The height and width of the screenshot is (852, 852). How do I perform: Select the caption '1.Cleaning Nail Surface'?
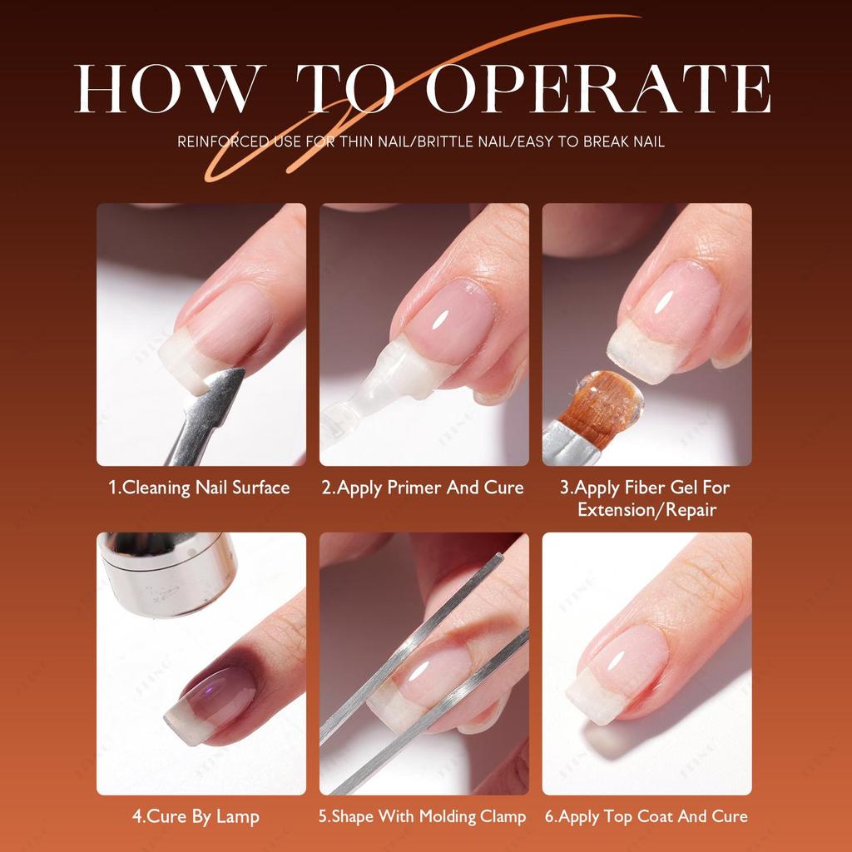(200, 488)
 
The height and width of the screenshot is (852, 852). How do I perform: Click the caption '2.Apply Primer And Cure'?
(424, 488)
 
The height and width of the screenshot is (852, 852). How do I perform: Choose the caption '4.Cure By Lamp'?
(196, 816)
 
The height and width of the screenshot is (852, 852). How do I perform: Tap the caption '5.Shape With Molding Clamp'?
(423, 816)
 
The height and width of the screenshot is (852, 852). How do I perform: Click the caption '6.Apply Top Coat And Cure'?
(646, 816)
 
